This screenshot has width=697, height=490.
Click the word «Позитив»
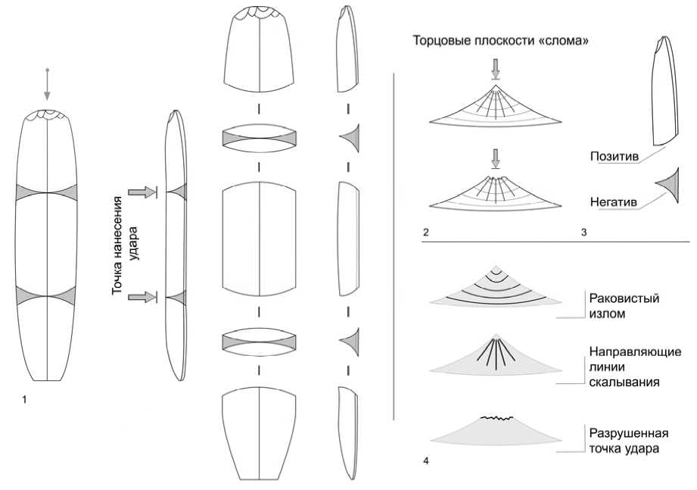tap(615, 157)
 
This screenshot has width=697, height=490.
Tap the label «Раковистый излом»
tap(624, 305)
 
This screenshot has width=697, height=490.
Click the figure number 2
tap(427, 232)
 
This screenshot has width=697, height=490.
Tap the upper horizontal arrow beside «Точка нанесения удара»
tap(142, 193)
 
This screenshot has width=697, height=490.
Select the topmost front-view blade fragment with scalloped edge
tap(259, 49)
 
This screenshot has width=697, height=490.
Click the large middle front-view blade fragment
tap(259, 239)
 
